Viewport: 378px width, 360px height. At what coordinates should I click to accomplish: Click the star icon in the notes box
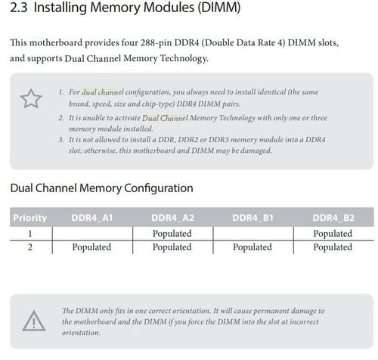(x=31, y=99)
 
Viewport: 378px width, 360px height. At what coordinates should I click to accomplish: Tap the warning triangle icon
(x=34, y=321)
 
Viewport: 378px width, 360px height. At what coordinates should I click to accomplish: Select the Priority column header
(x=29, y=218)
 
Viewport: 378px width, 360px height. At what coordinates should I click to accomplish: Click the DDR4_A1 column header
(x=92, y=218)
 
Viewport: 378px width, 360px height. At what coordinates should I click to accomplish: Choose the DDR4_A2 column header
(x=172, y=218)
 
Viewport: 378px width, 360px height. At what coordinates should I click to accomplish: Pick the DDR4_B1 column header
(x=253, y=218)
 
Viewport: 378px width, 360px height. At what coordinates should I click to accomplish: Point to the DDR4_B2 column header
(x=333, y=218)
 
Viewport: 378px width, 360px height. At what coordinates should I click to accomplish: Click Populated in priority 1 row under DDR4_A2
(x=172, y=234)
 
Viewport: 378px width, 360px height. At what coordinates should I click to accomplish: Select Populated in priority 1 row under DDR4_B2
(x=333, y=234)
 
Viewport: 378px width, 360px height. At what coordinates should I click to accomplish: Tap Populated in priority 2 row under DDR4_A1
(x=91, y=247)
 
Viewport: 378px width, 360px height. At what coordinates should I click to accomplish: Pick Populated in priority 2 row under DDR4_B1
(x=253, y=247)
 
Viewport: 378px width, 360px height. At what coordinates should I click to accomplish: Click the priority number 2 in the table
(x=30, y=247)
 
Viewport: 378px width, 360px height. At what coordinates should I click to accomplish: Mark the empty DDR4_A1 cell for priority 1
(x=92, y=234)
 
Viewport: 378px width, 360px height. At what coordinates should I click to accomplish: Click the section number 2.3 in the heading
(x=19, y=8)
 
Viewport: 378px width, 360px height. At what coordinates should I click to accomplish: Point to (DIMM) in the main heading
(x=218, y=8)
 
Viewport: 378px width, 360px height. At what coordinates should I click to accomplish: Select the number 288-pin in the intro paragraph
(x=156, y=42)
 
